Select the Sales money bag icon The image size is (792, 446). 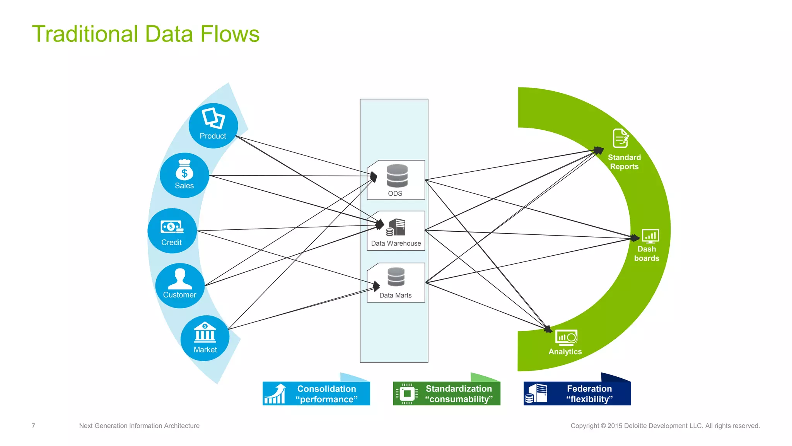(184, 170)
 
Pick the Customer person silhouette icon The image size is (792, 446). (180, 279)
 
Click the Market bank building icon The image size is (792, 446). (205, 332)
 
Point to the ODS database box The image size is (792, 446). (396, 180)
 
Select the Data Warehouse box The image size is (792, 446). (396, 231)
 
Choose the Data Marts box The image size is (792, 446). (396, 282)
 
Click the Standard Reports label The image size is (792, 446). (624, 162)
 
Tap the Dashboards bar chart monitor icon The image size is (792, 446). (650, 236)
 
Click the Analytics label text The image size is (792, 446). (565, 352)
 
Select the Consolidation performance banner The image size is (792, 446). (316, 394)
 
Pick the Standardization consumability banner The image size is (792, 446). (447, 394)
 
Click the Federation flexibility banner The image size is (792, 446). (577, 394)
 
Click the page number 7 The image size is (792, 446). (34, 426)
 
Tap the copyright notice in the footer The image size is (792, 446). (665, 426)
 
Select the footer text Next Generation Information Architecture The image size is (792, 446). (139, 426)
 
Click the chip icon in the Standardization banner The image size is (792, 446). (406, 394)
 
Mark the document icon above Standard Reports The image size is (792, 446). (620, 138)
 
